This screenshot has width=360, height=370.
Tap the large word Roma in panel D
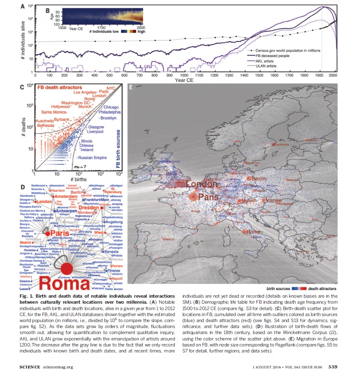point(67,282)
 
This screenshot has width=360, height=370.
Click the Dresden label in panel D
point(89,208)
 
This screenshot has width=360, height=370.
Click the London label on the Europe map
point(202,184)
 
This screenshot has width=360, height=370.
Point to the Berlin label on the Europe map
point(259,178)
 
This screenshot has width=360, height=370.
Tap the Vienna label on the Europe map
point(273,200)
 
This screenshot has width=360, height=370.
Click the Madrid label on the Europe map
point(170,239)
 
